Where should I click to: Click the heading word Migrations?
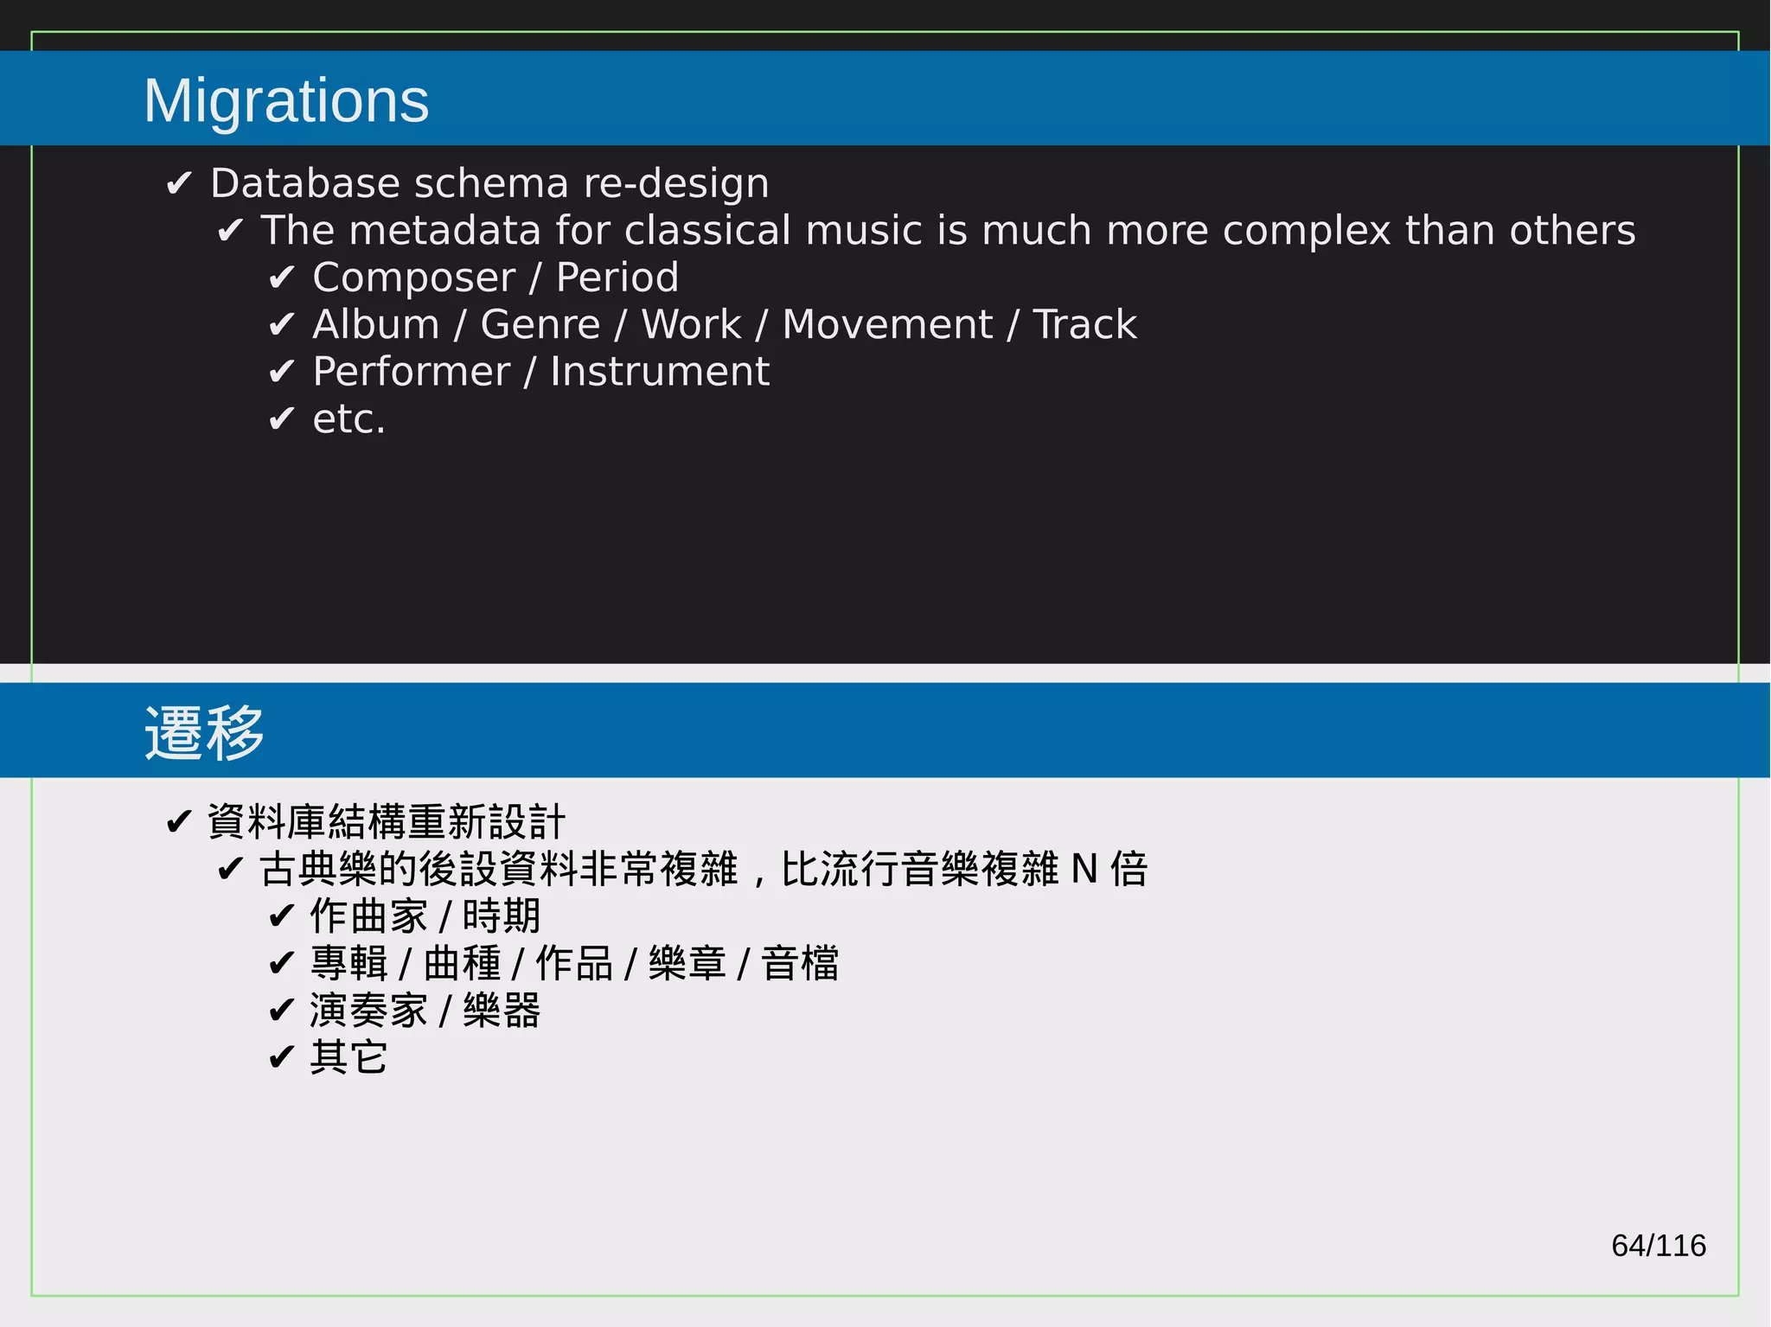point(286,101)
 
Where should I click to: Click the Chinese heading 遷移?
point(204,733)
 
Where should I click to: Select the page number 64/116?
point(1658,1246)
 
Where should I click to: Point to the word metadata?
point(445,231)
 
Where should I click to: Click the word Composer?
point(413,278)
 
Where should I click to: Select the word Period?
point(617,278)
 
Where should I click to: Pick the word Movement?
point(886,325)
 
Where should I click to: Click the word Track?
point(1084,325)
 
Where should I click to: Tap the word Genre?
point(540,325)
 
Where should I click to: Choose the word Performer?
point(411,373)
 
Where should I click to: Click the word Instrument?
point(659,373)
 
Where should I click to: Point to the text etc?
point(348,420)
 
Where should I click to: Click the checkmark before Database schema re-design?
point(178,183)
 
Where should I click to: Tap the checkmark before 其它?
point(281,1057)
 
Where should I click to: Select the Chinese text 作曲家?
point(368,916)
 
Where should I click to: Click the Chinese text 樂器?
point(502,1011)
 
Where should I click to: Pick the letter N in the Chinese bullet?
point(1084,870)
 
